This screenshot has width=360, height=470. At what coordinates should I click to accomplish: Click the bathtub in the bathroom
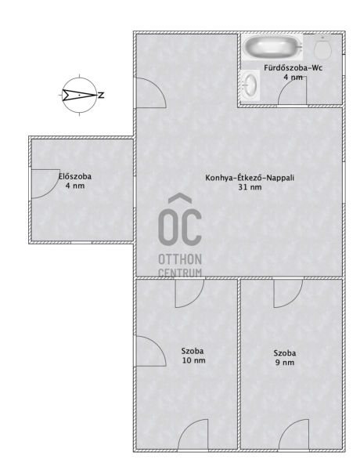272,47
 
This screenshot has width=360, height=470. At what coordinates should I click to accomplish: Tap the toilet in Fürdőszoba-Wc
323,46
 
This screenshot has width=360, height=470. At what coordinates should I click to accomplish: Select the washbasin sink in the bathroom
250,85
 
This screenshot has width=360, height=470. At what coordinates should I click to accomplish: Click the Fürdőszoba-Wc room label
293,68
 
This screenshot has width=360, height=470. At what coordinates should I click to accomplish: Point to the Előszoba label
75,176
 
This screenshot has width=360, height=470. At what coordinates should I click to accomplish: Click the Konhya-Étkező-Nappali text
250,178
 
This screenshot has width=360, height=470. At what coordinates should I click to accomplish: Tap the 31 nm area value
250,187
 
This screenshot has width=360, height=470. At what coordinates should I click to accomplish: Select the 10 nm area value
194,360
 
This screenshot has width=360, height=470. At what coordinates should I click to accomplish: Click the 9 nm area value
285,363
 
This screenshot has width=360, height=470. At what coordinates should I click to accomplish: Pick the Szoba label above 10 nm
193,351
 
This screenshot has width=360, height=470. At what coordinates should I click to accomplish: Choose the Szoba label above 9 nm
285,353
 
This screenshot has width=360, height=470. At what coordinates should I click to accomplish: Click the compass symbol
80,96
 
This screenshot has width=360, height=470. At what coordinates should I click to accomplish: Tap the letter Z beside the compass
102,96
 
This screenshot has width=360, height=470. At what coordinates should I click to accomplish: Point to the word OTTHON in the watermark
180,259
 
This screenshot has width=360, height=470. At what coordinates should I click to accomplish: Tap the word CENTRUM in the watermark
180,273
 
